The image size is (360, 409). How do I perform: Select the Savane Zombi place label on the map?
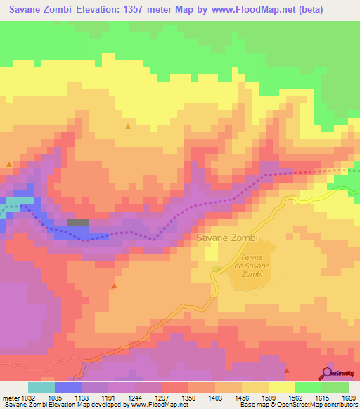pos(228,238)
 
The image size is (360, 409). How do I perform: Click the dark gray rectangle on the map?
pos(78,222)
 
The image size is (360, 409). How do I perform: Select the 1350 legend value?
pos(188,398)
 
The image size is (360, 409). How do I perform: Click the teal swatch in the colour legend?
pos(41,387)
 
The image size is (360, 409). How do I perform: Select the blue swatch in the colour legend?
pos(67,387)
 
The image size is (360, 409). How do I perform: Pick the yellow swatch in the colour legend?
pos(281,387)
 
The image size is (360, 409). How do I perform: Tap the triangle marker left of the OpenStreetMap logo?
pos(286,370)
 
